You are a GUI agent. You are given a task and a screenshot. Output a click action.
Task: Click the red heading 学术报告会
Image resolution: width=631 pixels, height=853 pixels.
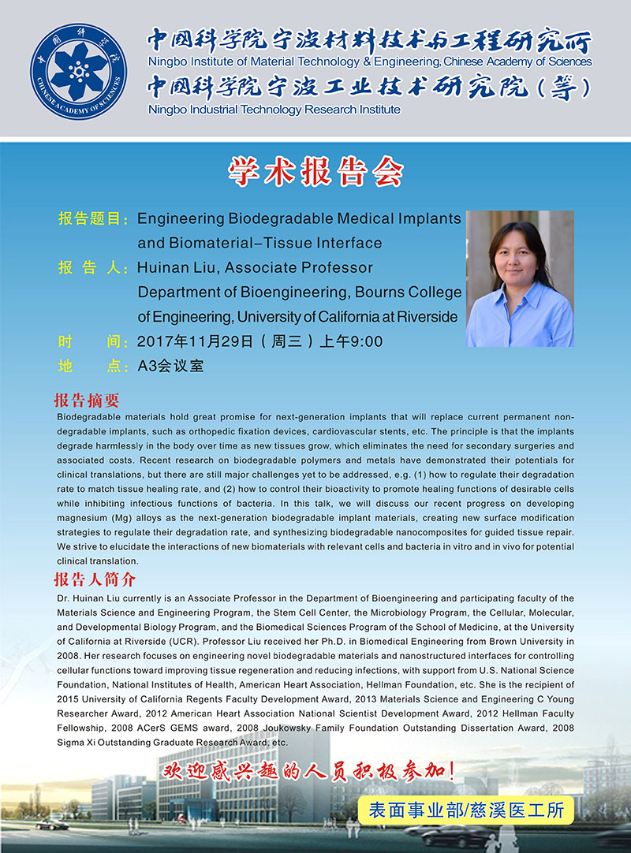coord(315,172)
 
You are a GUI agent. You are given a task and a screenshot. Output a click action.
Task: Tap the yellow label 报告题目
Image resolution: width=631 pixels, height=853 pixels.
coord(93,218)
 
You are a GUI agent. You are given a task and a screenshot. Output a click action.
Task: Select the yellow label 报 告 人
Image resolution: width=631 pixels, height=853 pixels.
coord(93,268)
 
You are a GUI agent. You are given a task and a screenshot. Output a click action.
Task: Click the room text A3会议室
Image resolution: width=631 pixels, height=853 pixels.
coord(170,366)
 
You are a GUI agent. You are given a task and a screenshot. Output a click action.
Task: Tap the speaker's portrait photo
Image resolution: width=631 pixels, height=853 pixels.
coord(520,279)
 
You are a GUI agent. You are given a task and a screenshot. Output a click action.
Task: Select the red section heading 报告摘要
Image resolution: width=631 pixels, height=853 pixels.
coord(86,400)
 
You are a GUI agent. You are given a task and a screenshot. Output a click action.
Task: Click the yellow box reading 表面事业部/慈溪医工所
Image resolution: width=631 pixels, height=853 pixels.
coord(461,808)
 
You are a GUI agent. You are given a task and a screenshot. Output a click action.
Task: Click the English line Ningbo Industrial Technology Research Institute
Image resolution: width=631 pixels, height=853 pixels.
coord(274,110)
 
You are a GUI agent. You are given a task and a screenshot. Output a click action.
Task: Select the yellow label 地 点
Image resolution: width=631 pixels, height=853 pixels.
coord(93,366)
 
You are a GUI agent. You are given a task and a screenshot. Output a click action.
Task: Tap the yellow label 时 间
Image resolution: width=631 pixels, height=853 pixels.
coord(93,341)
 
